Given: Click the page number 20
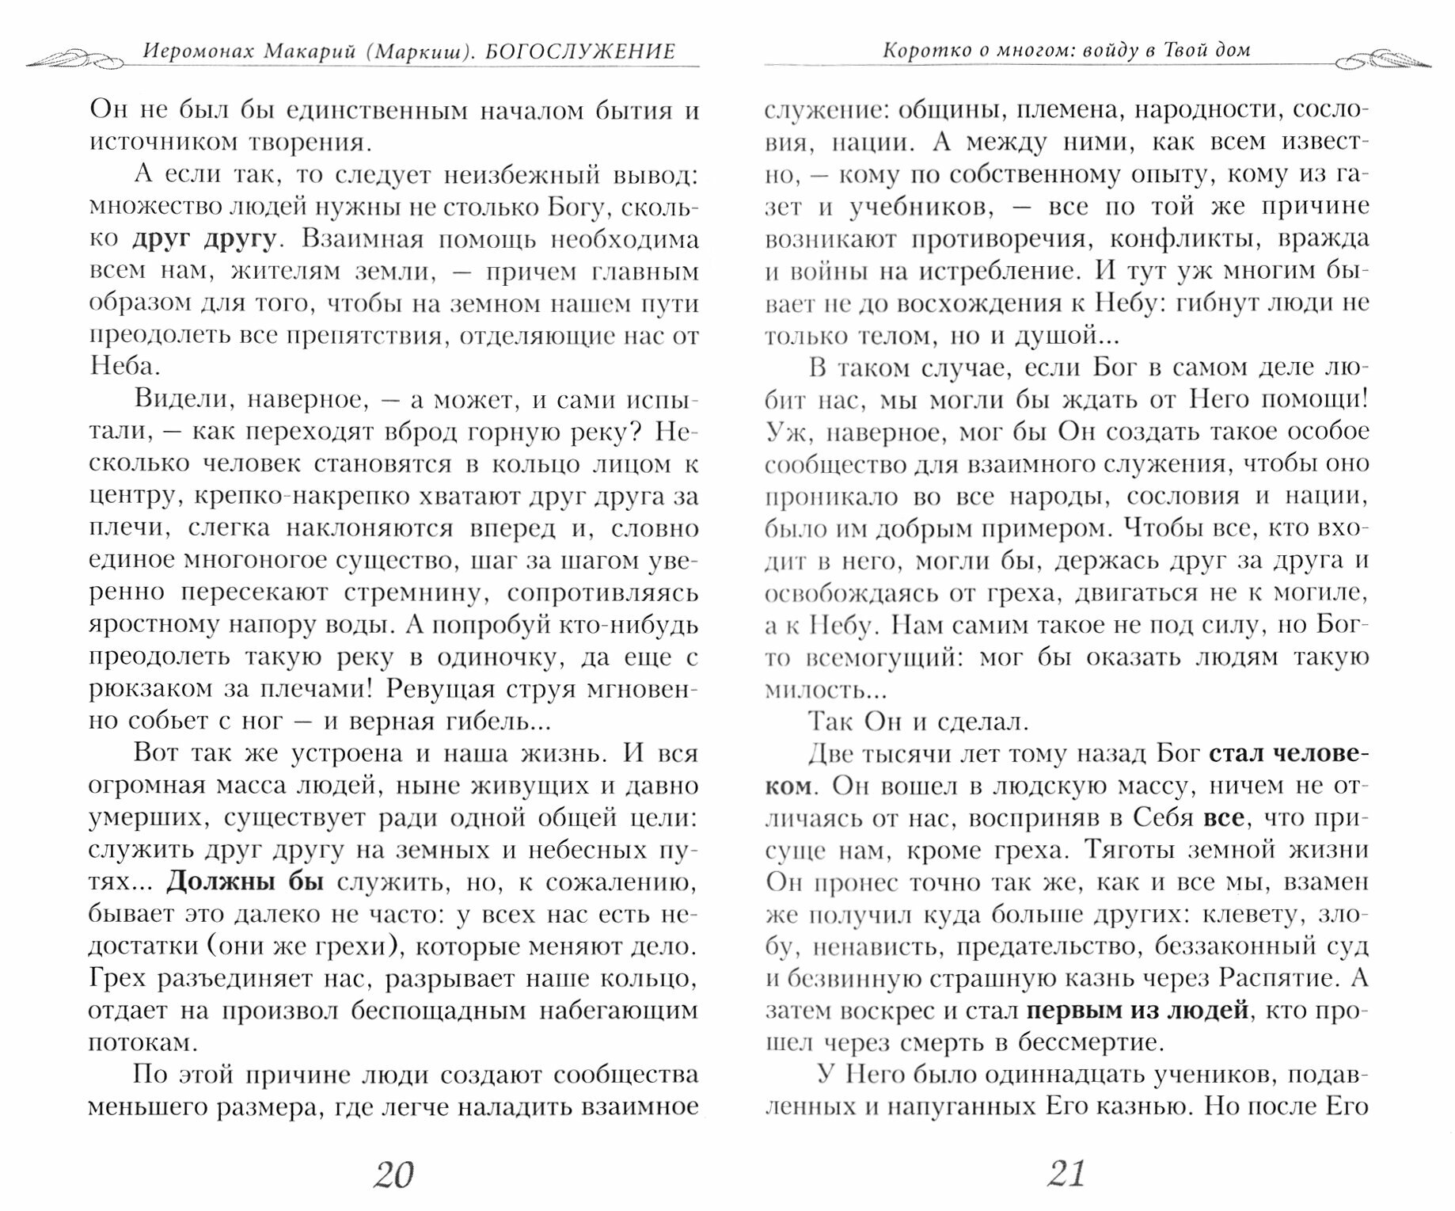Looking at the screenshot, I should (393, 1175).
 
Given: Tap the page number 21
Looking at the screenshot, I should (1066, 1173).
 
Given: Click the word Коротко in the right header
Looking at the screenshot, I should (919, 51).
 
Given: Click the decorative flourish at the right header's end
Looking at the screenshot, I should (1382, 59).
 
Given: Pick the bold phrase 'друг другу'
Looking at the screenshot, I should (204, 238).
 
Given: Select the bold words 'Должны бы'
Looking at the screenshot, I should (246, 882).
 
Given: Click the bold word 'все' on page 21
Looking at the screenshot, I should (1222, 817).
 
